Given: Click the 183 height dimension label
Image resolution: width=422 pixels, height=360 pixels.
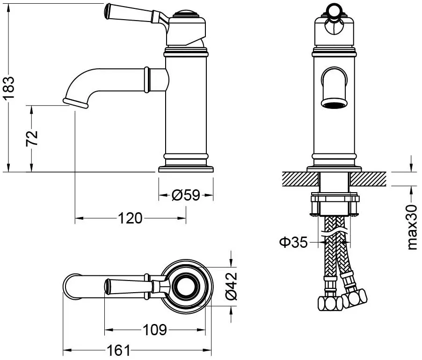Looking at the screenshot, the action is coord(9,88).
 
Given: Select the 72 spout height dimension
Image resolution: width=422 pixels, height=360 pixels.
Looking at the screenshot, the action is coord(32,138).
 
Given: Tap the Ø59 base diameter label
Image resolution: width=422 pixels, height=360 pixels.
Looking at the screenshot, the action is coord(186,195).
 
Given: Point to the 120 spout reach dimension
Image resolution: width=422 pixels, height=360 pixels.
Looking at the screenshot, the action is coord(130,218).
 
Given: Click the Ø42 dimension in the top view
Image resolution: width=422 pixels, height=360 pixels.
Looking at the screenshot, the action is coord(231,286).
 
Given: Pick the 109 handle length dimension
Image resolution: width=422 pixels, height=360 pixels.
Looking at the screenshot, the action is coord(155,330).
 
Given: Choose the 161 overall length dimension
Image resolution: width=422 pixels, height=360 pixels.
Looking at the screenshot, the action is coord(118,350).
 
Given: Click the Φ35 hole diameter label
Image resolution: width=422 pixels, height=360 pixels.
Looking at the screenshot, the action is coord(293,242).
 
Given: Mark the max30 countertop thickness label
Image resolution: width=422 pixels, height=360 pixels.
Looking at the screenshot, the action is coord(412,227).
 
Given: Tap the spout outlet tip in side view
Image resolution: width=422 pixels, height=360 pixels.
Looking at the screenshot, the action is coord(75,103).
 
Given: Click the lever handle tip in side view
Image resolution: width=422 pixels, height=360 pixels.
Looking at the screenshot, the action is coord(107,11).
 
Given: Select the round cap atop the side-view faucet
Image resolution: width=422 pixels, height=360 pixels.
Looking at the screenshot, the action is coord(186,13).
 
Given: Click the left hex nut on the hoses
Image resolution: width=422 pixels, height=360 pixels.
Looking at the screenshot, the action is coord(330,303).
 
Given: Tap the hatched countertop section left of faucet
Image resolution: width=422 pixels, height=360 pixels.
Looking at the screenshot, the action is coord(300,179).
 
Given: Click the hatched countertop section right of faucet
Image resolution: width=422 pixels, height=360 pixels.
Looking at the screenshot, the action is coord(368,179).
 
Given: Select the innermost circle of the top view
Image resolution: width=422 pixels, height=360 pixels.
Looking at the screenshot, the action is coord(186,286).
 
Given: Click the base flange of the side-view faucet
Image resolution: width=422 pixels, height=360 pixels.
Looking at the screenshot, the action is coord(186,169).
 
